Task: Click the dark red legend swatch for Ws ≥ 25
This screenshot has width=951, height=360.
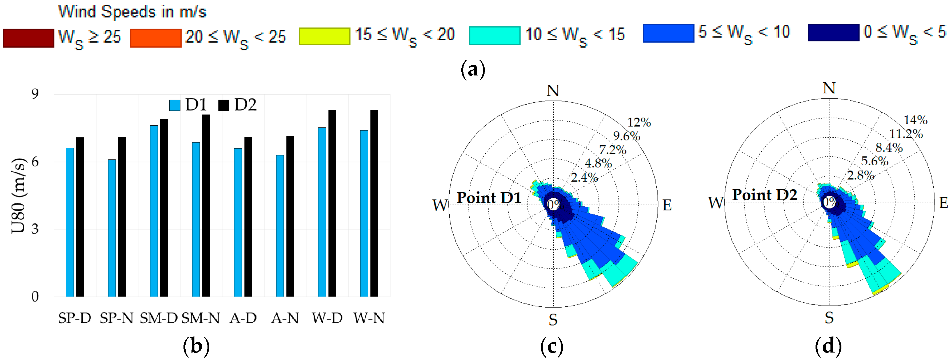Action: (29, 38)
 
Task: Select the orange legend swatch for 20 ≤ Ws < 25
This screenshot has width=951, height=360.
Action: (155, 38)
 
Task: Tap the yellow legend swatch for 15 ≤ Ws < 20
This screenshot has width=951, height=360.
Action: (325, 36)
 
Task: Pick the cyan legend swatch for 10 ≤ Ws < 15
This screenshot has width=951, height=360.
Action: (494, 36)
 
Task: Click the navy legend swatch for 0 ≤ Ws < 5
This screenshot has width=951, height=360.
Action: (833, 33)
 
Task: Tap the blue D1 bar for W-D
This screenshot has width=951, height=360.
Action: (322, 212)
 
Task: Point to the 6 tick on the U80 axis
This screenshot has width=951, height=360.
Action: (35, 162)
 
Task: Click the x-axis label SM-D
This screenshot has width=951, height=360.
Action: (159, 318)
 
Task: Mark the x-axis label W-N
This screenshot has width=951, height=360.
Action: (369, 318)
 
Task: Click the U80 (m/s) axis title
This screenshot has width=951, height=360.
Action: (18, 196)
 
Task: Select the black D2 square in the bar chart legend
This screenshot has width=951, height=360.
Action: (224, 105)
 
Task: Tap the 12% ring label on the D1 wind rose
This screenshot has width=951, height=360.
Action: (639, 122)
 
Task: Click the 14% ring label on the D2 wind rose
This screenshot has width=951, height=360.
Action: (915, 120)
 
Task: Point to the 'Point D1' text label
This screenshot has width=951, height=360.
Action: (489, 198)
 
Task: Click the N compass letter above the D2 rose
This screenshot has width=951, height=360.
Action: (829, 88)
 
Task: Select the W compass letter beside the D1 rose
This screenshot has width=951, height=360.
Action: (440, 205)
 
